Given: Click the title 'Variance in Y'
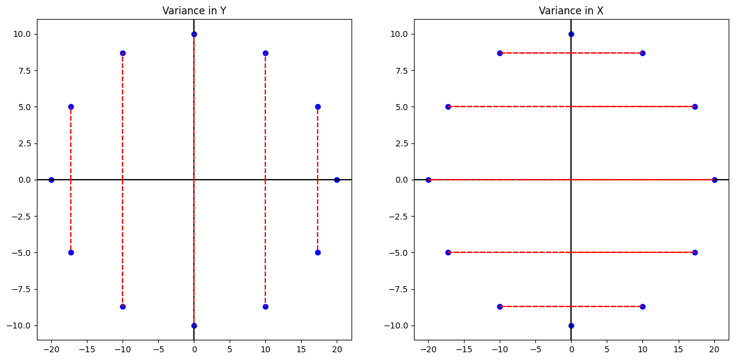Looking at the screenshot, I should pos(194,10).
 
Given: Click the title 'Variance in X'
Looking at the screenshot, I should pos(571,10).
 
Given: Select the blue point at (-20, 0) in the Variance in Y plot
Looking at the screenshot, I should pos(51,180).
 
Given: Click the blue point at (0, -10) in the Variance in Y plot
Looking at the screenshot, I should pos(194,325).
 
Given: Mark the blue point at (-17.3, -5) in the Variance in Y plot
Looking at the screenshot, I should pos(71,252).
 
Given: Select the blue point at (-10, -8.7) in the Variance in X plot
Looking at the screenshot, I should pos(500,306).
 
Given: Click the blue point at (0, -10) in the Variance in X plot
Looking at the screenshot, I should pos(571,325).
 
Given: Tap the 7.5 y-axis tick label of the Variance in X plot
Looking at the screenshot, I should pos(399,70).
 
